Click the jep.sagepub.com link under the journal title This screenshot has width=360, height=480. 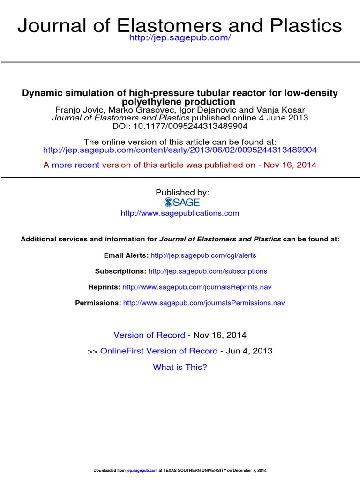[x=180, y=37]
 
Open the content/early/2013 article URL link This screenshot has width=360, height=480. [x=180, y=150]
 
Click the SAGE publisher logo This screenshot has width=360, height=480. [x=182, y=202]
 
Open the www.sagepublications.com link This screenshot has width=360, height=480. [x=180, y=213]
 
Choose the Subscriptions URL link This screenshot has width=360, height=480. [x=208, y=271]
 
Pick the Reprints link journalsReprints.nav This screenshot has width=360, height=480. [x=197, y=287]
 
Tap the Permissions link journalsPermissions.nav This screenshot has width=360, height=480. [x=204, y=303]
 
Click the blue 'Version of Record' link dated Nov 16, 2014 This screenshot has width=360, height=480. [x=150, y=335]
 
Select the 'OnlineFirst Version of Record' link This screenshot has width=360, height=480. [x=159, y=351]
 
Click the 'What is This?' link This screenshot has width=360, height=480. [x=180, y=367]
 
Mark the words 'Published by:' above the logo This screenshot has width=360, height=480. [x=182, y=192]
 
